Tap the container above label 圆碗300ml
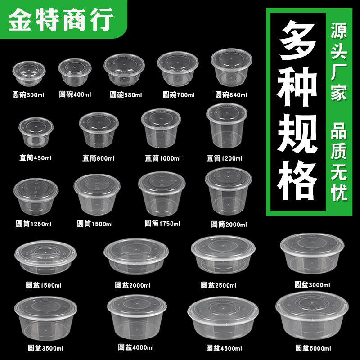point(29,75)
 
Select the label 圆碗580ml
point(126,95)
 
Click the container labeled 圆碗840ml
point(229,70)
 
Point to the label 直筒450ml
point(36,158)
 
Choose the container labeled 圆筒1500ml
point(97,195)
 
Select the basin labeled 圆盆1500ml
point(43,259)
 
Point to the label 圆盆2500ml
point(219,285)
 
